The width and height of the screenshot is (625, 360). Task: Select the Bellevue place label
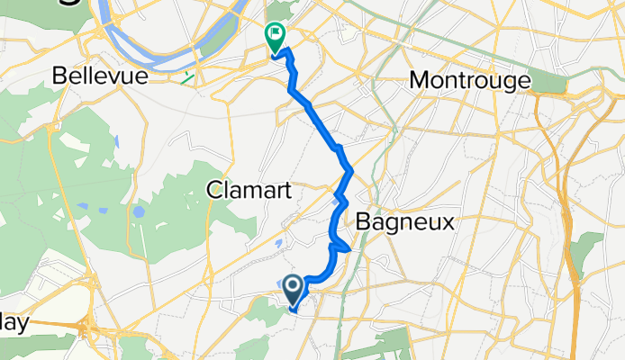[x=100, y=76]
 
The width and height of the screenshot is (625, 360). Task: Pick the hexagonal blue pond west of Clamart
[x=138, y=213]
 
